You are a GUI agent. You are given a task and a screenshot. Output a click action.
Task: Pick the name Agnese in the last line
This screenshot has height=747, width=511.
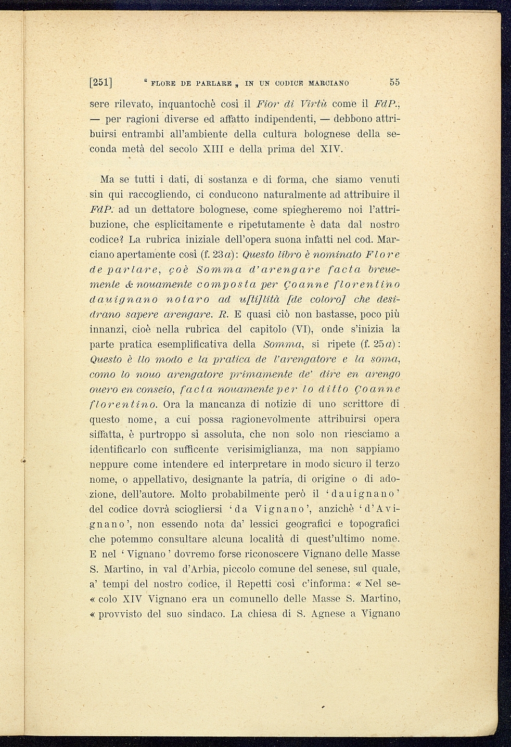click(x=326, y=614)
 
